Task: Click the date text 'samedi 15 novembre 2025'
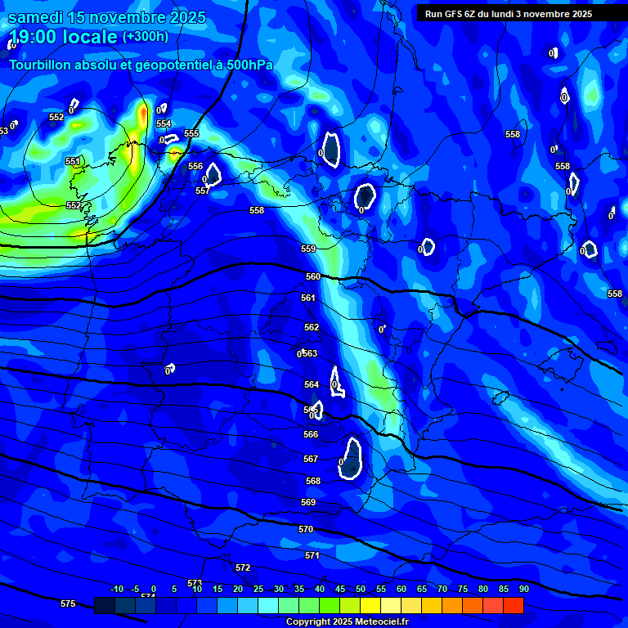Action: pyautogui.click(x=106, y=17)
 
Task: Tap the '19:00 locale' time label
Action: pyautogui.click(x=62, y=37)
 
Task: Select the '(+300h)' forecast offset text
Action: pyautogui.click(x=146, y=37)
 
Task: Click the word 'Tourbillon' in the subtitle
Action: pyautogui.click(x=40, y=65)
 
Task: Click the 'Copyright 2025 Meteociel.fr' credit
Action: pyautogui.click(x=347, y=621)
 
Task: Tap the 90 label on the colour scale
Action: pyautogui.click(x=523, y=589)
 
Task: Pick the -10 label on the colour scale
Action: pyautogui.click(x=117, y=589)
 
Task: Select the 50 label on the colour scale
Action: pyautogui.click(x=361, y=589)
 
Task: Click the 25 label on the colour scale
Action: pyautogui.click(x=258, y=589)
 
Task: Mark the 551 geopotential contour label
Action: pyautogui.click(x=73, y=161)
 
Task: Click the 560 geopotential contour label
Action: pyautogui.click(x=313, y=276)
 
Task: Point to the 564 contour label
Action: pyautogui.click(x=312, y=384)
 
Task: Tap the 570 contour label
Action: pyautogui.click(x=306, y=529)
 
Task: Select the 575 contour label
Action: pyautogui.click(x=68, y=603)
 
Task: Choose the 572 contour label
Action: pyautogui.click(x=243, y=567)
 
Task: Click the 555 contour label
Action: pyautogui.click(x=191, y=133)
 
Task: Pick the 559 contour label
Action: pyautogui.click(x=308, y=249)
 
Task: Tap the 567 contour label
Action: pyautogui.click(x=311, y=459)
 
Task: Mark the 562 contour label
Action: pyautogui.click(x=312, y=327)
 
